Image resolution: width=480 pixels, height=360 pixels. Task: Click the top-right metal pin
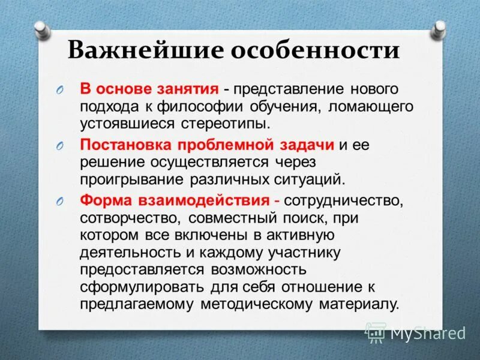tap(440, 27)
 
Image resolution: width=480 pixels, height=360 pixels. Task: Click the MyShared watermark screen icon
tap(376, 332)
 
